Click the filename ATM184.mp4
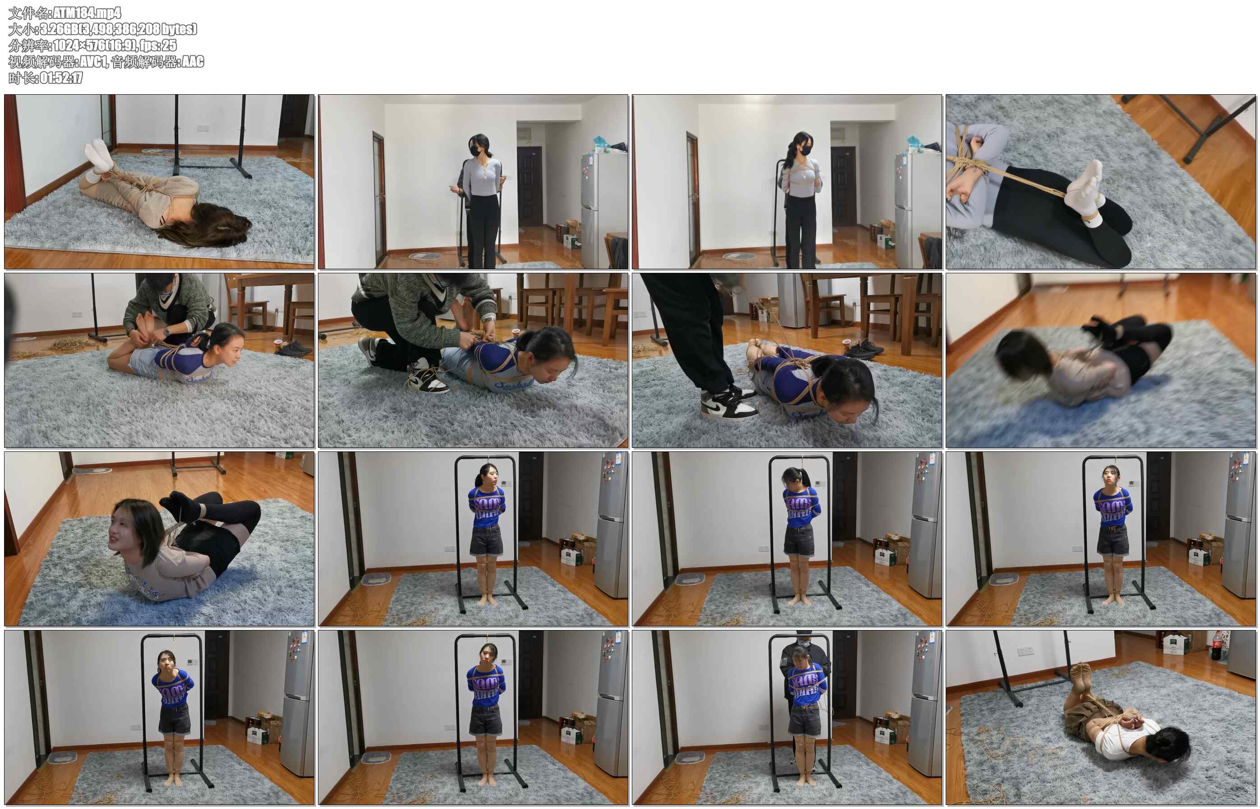tap(87, 13)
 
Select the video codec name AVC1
tap(92, 61)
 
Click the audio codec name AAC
tap(193, 61)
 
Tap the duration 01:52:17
tap(61, 78)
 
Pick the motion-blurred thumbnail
tap(1100, 360)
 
